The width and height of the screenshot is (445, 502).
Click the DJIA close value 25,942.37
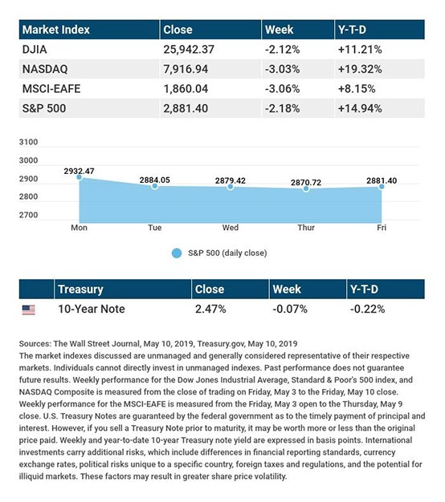(x=189, y=50)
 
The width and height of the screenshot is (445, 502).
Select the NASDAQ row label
(x=45, y=69)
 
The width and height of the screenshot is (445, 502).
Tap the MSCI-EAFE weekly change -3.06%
(x=282, y=89)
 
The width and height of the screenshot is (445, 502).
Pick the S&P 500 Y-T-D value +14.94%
(x=360, y=108)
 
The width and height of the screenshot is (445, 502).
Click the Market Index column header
(x=55, y=30)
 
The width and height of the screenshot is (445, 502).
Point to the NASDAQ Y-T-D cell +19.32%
(x=360, y=69)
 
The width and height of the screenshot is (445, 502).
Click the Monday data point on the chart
(x=80, y=177)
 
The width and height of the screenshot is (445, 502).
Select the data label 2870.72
(x=306, y=183)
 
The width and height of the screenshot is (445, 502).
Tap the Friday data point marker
(x=382, y=186)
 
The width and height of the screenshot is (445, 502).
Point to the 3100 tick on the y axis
(x=28, y=142)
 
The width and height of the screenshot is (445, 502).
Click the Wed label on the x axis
(x=231, y=228)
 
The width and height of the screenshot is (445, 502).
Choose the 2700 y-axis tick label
(x=28, y=215)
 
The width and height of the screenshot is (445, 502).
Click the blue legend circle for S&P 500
(x=177, y=253)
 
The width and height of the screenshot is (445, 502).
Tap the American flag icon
(x=29, y=310)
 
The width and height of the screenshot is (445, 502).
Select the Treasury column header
(x=80, y=289)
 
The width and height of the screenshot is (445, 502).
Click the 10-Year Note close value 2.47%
(x=210, y=309)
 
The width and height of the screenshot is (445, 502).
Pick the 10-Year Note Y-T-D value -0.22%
(x=367, y=309)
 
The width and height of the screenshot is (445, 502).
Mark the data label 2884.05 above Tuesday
(x=154, y=180)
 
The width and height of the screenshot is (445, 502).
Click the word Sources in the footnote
(x=35, y=344)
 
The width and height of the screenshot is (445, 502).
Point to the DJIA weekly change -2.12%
(x=282, y=50)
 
